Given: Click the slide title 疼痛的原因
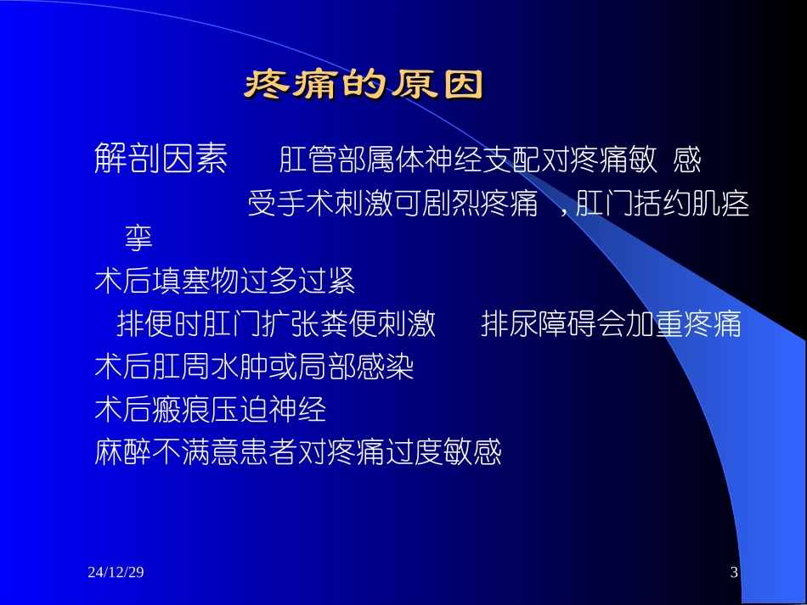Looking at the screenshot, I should pos(364,85).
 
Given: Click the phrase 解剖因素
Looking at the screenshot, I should pos(161,159).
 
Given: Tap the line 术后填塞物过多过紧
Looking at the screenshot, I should pos(224,281).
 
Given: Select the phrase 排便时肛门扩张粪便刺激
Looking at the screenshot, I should pos(276,324).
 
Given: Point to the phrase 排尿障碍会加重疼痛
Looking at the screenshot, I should pos(611,324).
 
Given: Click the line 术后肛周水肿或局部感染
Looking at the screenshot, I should pos(254,368).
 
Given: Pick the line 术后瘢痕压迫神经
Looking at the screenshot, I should pos(211,411).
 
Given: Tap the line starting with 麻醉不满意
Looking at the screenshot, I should pos(298,453).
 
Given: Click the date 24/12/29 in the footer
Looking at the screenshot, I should pos(116,574).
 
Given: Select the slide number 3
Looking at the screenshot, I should pos(734,574).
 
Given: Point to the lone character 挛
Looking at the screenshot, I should pos(138,238).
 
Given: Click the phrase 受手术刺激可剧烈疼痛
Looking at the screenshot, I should pos(392,204).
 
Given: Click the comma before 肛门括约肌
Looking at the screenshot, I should pos(564,209).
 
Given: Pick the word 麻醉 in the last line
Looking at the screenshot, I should pos(123,453).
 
